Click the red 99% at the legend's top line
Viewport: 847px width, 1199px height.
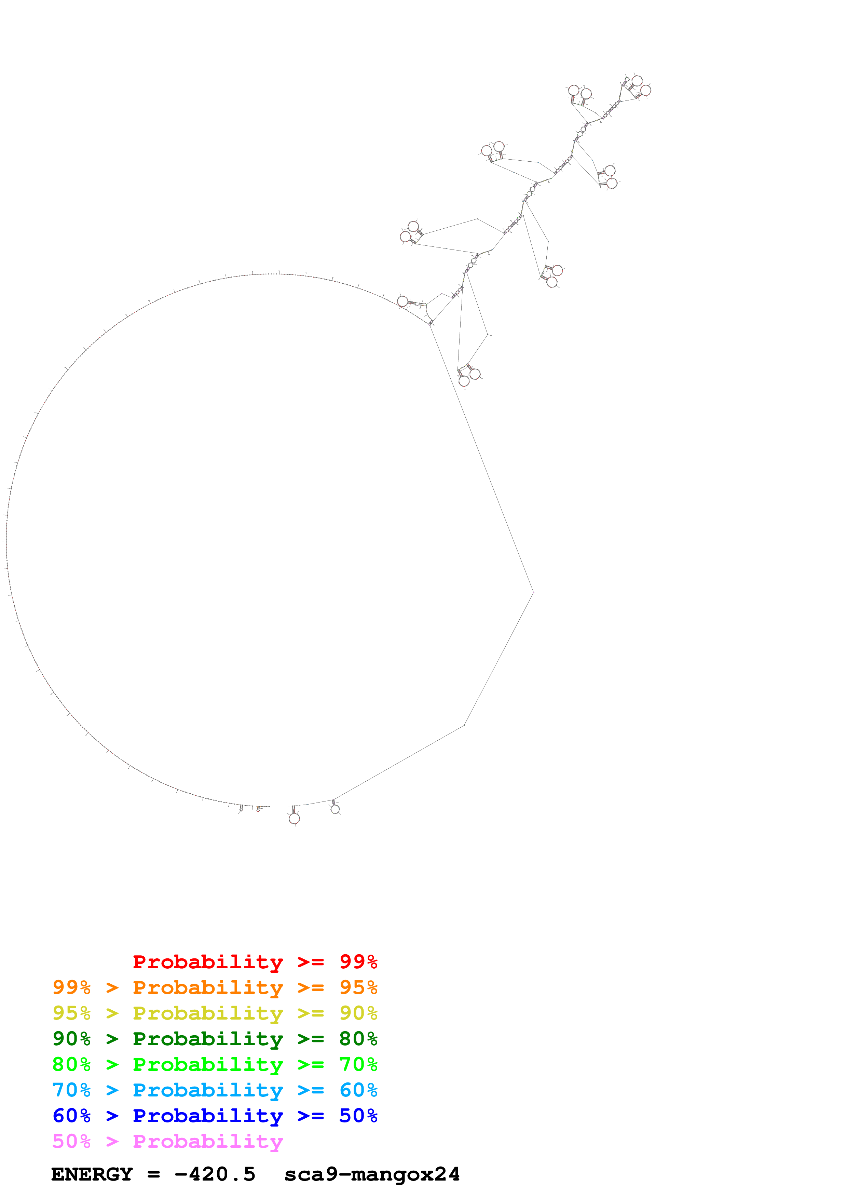point(358,961)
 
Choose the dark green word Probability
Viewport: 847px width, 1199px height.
point(208,1039)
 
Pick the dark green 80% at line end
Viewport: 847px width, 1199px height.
point(358,1039)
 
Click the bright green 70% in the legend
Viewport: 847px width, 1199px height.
point(358,1064)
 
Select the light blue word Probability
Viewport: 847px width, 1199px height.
point(208,1090)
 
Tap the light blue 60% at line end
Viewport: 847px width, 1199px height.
point(358,1090)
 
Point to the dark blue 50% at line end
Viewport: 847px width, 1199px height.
point(358,1116)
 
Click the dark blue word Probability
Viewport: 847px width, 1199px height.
point(208,1116)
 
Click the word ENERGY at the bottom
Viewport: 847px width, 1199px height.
point(92,1174)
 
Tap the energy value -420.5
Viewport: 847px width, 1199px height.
point(215,1174)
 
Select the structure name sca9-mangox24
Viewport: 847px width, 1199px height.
point(372,1174)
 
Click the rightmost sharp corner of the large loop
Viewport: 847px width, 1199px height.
point(533,592)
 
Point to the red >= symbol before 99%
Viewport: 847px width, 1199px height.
point(311,961)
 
